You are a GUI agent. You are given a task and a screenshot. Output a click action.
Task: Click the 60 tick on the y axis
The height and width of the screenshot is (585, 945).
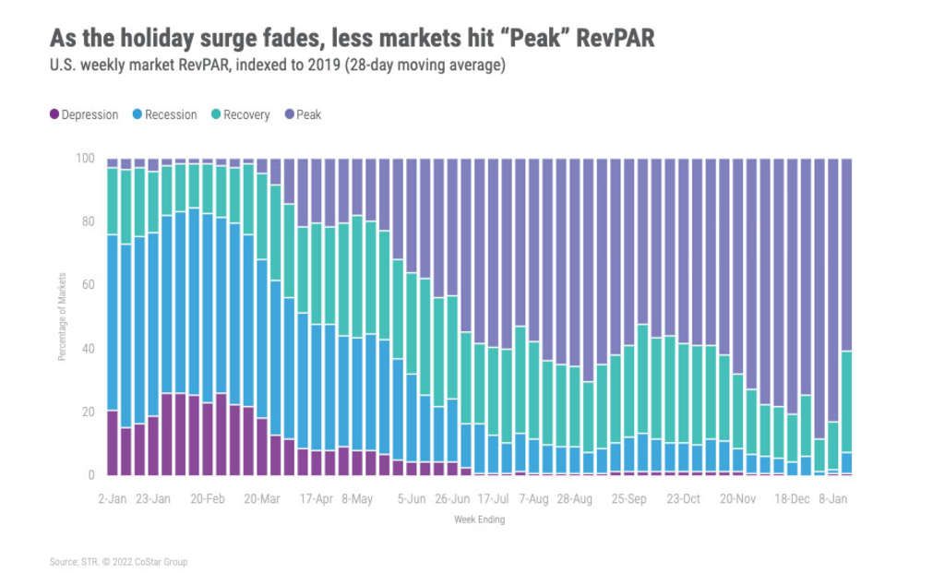[88, 286]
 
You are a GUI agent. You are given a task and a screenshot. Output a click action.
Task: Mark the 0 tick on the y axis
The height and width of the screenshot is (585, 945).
[90, 475]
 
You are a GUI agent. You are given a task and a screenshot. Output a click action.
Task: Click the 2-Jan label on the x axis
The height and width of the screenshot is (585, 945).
[114, 499]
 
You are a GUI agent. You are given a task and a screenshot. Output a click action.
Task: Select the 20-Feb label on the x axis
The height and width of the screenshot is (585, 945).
[208, 499]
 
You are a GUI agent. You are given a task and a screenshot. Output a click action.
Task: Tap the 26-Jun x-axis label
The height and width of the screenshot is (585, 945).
[452, 499]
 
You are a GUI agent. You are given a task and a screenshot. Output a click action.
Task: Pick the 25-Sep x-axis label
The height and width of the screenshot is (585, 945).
[628, 499]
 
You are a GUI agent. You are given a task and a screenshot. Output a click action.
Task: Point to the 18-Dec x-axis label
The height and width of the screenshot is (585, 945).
[792, 499]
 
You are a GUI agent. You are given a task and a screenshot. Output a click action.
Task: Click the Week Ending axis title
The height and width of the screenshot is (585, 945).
[479, 519]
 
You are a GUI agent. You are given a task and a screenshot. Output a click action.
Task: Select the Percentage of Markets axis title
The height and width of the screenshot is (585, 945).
[63, 316]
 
